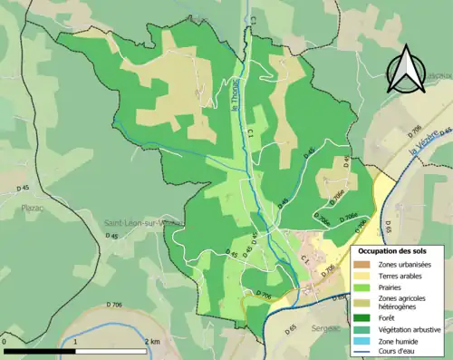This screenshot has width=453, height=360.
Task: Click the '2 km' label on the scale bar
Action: tap(151, 342)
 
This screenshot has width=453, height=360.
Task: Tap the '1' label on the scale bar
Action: tap(75, 342)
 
